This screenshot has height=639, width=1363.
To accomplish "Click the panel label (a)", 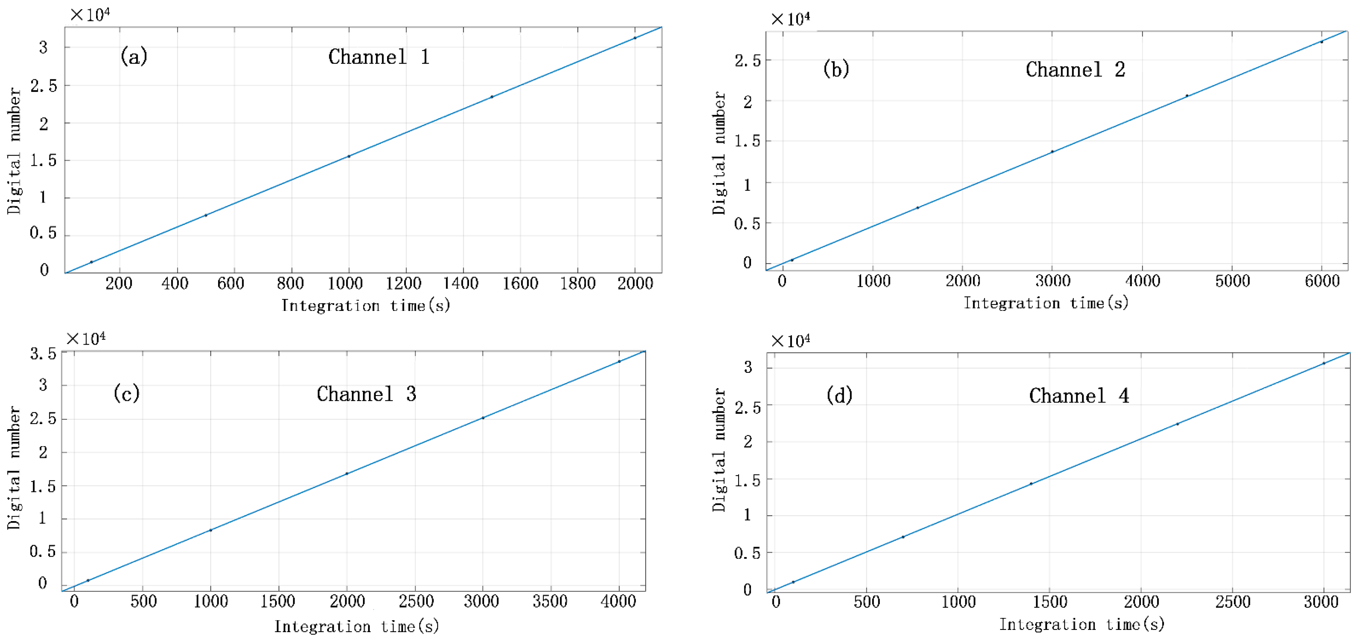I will [x=134, y=56].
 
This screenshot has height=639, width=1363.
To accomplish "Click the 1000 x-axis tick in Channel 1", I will [x=345, y=283].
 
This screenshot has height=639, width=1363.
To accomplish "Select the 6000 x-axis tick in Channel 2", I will [x=1322, y=281].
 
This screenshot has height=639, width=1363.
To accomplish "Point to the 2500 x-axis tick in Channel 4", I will [x=1232, y=602].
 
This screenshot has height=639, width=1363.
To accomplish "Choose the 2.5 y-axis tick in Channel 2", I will [x=747, y=61].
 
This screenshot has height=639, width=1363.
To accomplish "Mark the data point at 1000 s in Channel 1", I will [x=349, y=156].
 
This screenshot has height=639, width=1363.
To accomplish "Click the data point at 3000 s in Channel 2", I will [x=1052, y=152].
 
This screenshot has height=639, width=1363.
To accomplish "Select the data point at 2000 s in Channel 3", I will [x=347, y=474].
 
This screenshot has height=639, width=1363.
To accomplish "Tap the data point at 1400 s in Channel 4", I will [x=1031, y=484].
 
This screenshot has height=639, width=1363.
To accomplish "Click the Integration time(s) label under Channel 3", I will [x=356, y=627].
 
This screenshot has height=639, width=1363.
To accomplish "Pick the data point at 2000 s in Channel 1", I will [x=635, y=38].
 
